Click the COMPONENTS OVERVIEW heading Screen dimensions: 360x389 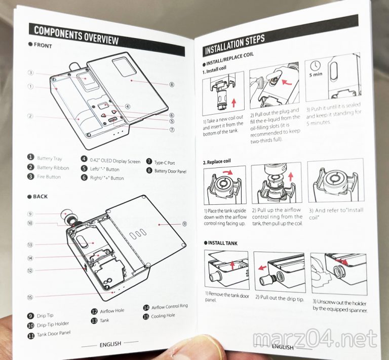pyautogui.click(x=76, y=35)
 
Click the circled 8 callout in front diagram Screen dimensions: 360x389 pyautogui.click(x=172, y=85)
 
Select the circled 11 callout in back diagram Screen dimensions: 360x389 pyautogui.click(x=184, y=223)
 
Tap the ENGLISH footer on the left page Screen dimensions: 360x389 pyautogui.click(x=109, y=344)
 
